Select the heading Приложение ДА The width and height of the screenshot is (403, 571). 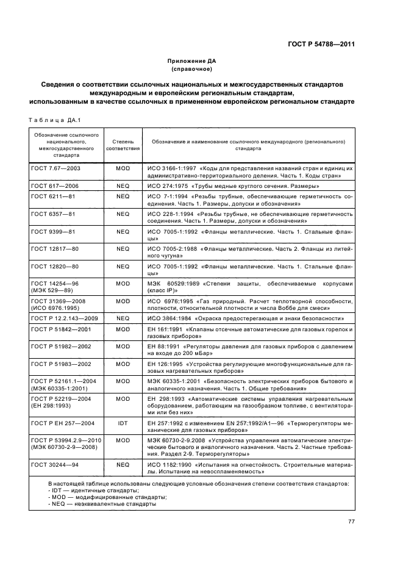[192, 61]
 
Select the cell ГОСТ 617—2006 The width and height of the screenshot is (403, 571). [55, 185]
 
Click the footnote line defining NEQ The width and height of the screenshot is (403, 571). [101, 504]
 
